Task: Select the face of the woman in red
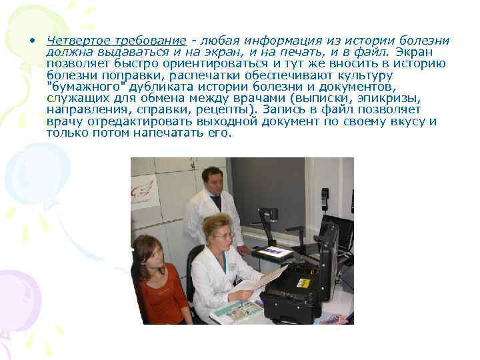(148, 251)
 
